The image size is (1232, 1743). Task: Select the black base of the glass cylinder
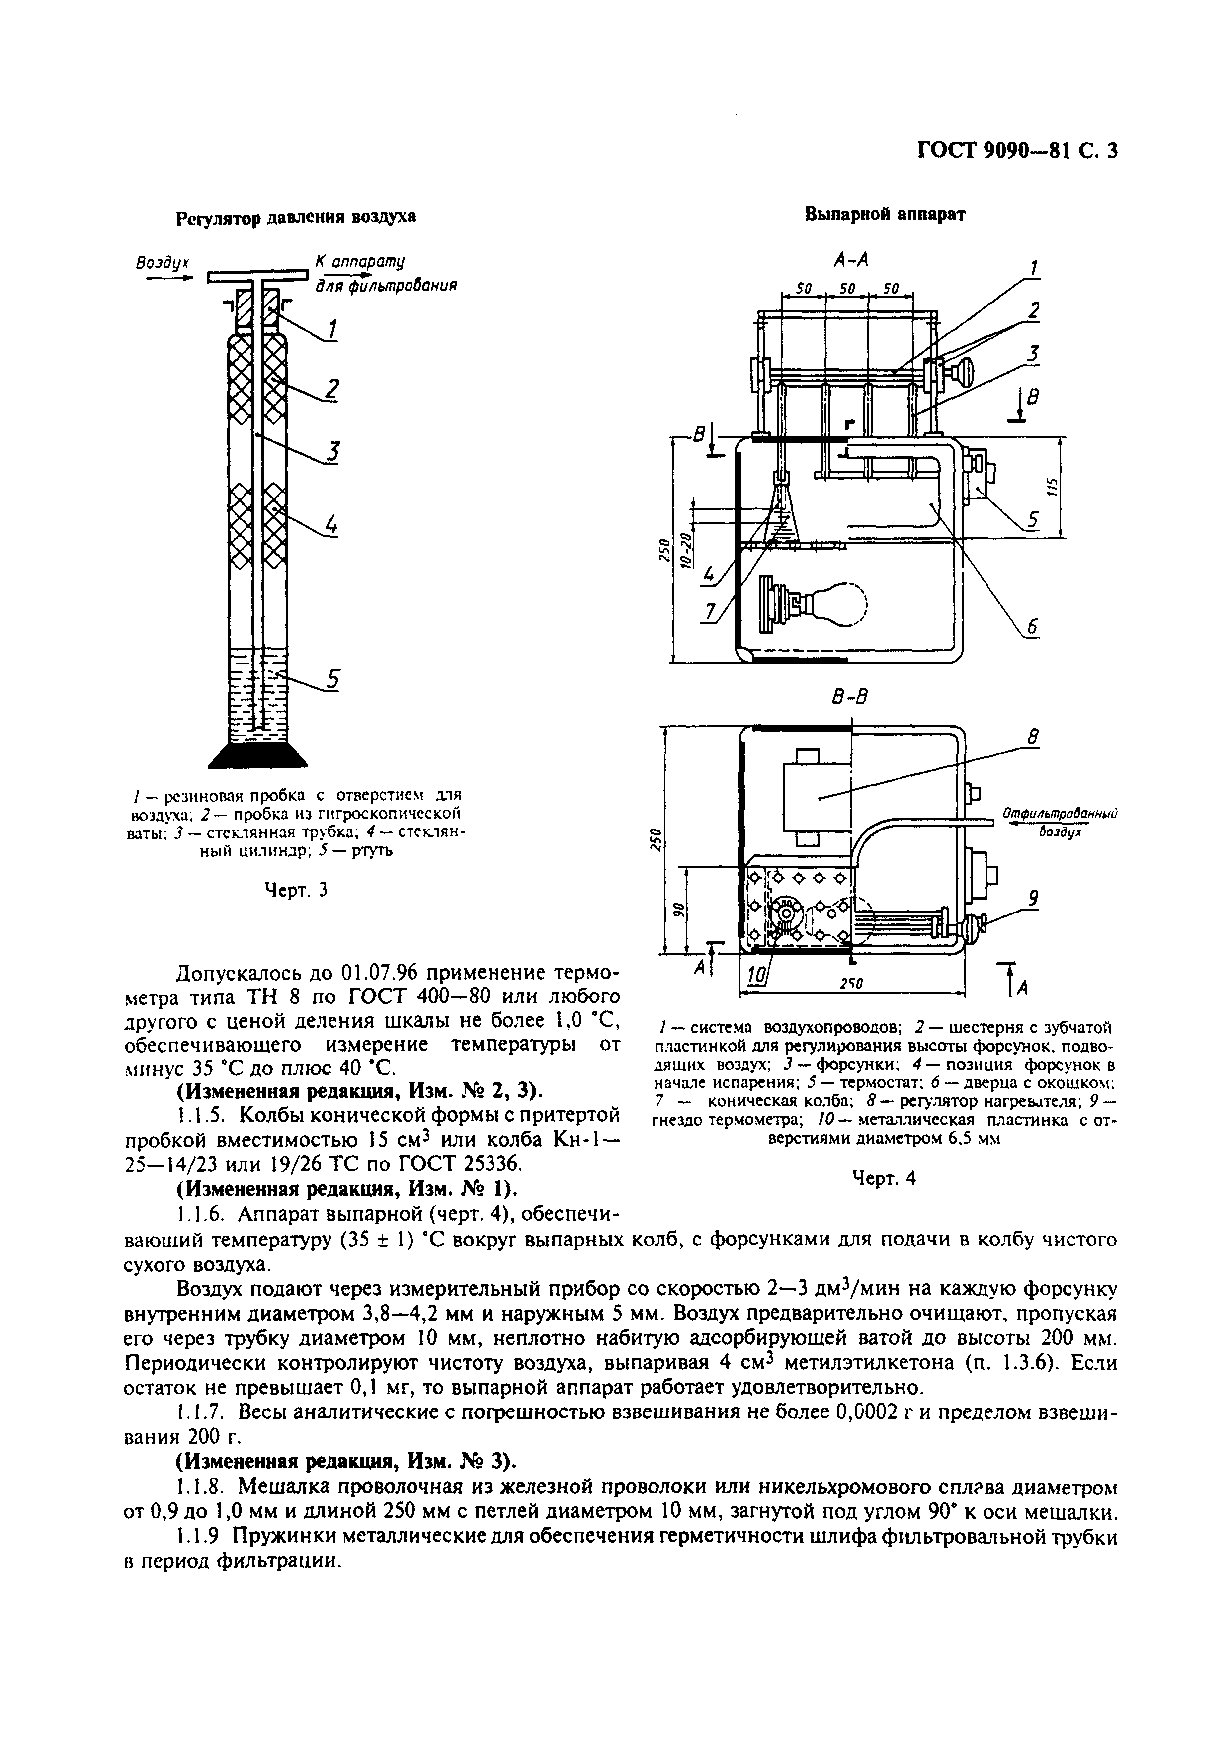(x=258, y=756)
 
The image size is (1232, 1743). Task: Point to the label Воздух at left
(x=162, y=263)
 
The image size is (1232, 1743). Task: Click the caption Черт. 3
(x=295, y=889)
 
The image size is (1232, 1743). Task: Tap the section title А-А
(x=850, y=260)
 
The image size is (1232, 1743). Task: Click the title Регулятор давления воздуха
(x=296, y=217)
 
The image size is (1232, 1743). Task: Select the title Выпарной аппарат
(x=884, y=214)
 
